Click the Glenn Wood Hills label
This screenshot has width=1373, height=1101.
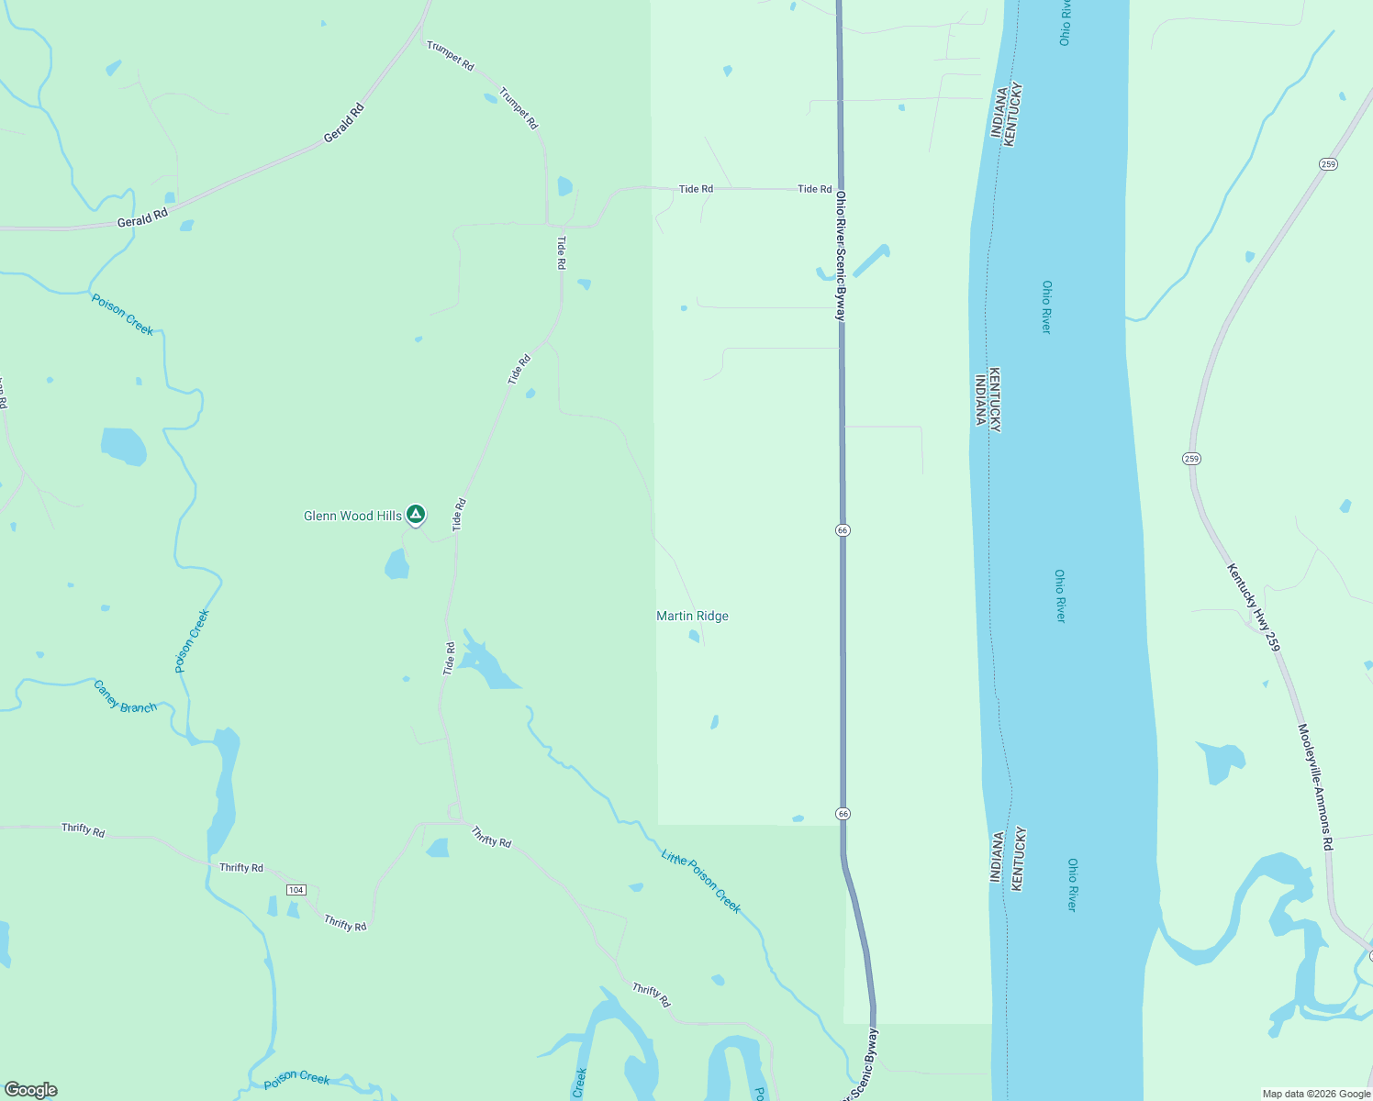[x=352, y=517]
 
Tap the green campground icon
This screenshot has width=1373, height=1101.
[x=416, y=515]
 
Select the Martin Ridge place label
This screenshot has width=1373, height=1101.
[x=692, y=617]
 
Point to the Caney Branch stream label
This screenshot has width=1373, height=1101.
[x=125, y=696]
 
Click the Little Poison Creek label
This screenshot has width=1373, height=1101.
[x=700, y=881]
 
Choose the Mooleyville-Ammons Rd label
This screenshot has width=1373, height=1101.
[x=1315, y=787]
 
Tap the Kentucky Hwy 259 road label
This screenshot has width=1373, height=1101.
[x=1254, y=607]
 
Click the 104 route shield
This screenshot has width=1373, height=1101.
[x=296, y=890]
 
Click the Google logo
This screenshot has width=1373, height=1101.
[x=30, y=1090]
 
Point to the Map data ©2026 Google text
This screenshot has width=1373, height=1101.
[x=1315, y=1094]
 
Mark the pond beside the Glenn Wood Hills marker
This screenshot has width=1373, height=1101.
[x=396, y=564]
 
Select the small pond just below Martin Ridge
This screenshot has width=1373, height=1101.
[x=694, y=636]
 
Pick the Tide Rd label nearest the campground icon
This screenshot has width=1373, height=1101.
[x=460, y=514]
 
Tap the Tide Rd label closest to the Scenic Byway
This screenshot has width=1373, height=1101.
[x=814, y=189]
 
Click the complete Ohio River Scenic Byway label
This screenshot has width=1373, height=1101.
[x=840, y=255]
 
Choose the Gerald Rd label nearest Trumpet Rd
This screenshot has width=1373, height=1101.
[x=344, y=123]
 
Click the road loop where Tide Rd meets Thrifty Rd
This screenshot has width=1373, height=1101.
[x=453, y=812]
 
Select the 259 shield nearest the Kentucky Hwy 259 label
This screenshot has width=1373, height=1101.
[x=1191, y=459]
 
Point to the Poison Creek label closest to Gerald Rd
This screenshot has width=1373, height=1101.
[x=122, y=315]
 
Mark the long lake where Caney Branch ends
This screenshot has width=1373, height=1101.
[x=223, y=789]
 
